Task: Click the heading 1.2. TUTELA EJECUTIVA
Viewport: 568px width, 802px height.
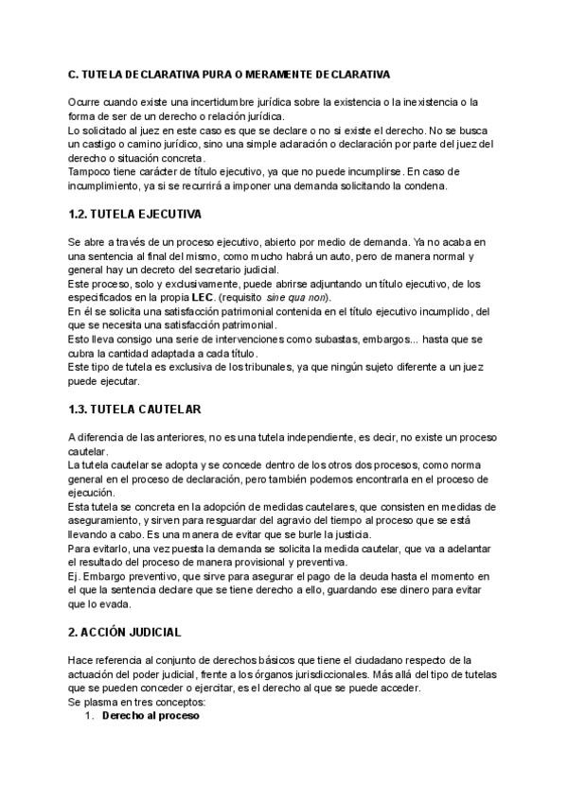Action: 134,215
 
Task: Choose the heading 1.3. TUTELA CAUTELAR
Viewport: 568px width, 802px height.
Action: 134,410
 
